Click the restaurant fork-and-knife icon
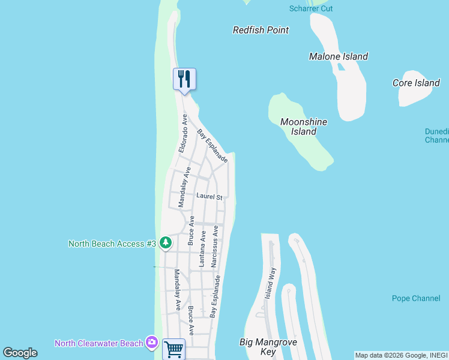[x=184, y=79]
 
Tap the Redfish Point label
[x=261, y=30]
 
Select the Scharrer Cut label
[x=310, y=8]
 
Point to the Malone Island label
[x=338, y=56]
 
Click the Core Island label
[x=416, y=83]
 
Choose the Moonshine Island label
[x=304, y=127]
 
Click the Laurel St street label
[x=209, y=196]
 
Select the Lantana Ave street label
[x=203, y=248]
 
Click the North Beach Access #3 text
[x=112, y=244]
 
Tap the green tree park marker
[x=166, y=243]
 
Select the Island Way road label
[x=271, y=283]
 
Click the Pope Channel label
[x=416, y=298]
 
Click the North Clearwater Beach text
[x=99, y=343]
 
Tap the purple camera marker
[x=152, y=343]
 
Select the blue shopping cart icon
[x=173, y=349]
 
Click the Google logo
[x=20, y=353]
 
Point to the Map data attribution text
[x=401, y=355]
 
